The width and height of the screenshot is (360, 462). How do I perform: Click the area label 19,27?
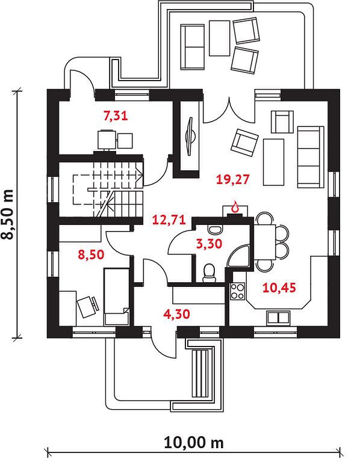coord(233,179)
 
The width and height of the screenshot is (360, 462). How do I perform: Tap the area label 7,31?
coord(116,115)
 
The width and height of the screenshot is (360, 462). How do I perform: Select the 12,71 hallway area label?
coord(169,220)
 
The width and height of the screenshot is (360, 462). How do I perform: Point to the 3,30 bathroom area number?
coord(209,244)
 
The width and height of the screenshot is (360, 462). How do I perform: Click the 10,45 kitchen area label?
coord(279,288)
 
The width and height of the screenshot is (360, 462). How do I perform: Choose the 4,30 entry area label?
coord(176,314)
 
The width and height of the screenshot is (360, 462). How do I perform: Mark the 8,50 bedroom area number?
coord(91,254)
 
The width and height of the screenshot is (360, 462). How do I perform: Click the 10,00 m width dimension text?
coord(194,442)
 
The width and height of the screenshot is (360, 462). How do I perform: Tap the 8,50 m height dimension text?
coord(8,214)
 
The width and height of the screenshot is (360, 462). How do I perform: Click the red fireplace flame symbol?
coord(235,206)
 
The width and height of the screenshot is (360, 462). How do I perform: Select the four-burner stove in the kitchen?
coord(237,291)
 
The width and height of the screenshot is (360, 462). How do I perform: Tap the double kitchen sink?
coord(278,318)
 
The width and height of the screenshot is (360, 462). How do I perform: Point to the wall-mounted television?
coord(190,136)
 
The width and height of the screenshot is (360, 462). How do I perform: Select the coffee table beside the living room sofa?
coord(273,162)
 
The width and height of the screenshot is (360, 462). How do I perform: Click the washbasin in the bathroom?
coord(215,229)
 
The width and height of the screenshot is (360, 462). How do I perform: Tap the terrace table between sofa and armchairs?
coord(219,38)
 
